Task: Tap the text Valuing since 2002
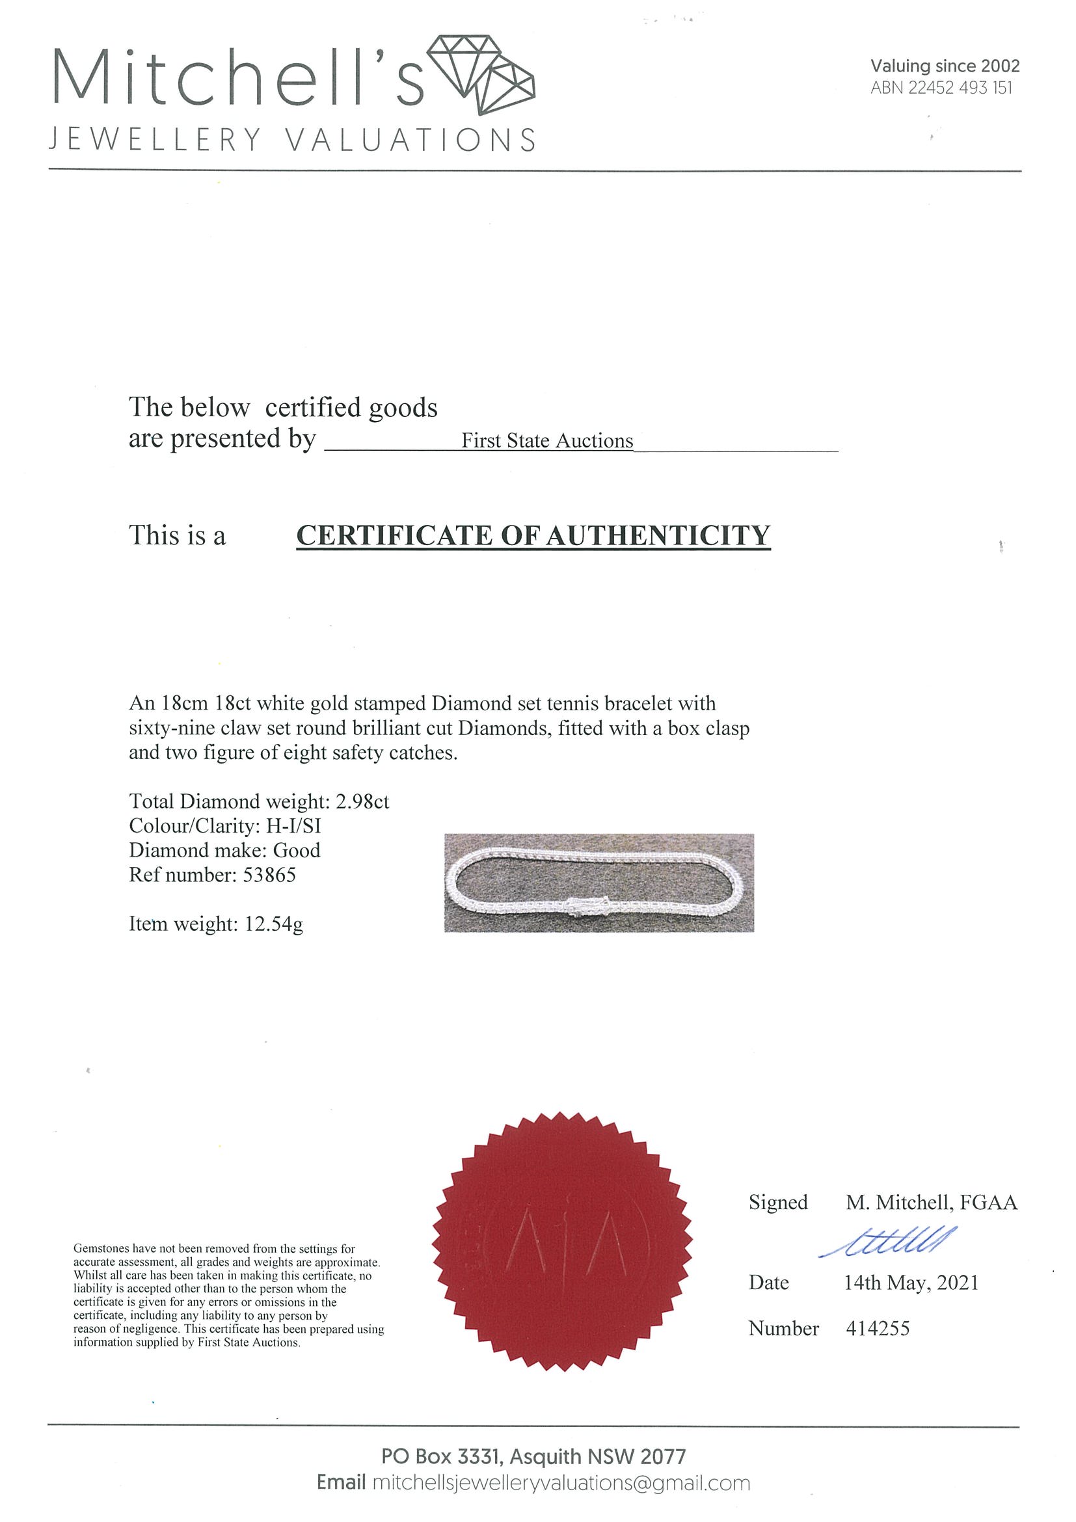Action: click(x=944, y=66)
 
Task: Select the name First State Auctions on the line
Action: click(x=547, y=441)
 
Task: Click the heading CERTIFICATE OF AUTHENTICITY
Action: click(x=533, y=535)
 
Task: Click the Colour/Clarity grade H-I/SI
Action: click(x=293, y=826)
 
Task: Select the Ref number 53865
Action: click(x=269, y=875)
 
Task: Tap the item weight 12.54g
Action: click(x=274, y=924)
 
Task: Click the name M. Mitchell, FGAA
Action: click(x=931, y=1203)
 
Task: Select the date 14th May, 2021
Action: click(x=911, y=1283)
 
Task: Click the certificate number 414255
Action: click(x=877, y=1328)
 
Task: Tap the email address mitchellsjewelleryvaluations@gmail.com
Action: click(x=561, y=1483)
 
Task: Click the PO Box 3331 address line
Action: click(x=533, y=1456)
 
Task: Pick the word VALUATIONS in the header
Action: click(x=410, y=140)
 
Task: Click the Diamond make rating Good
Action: click(x=297, y=851)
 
